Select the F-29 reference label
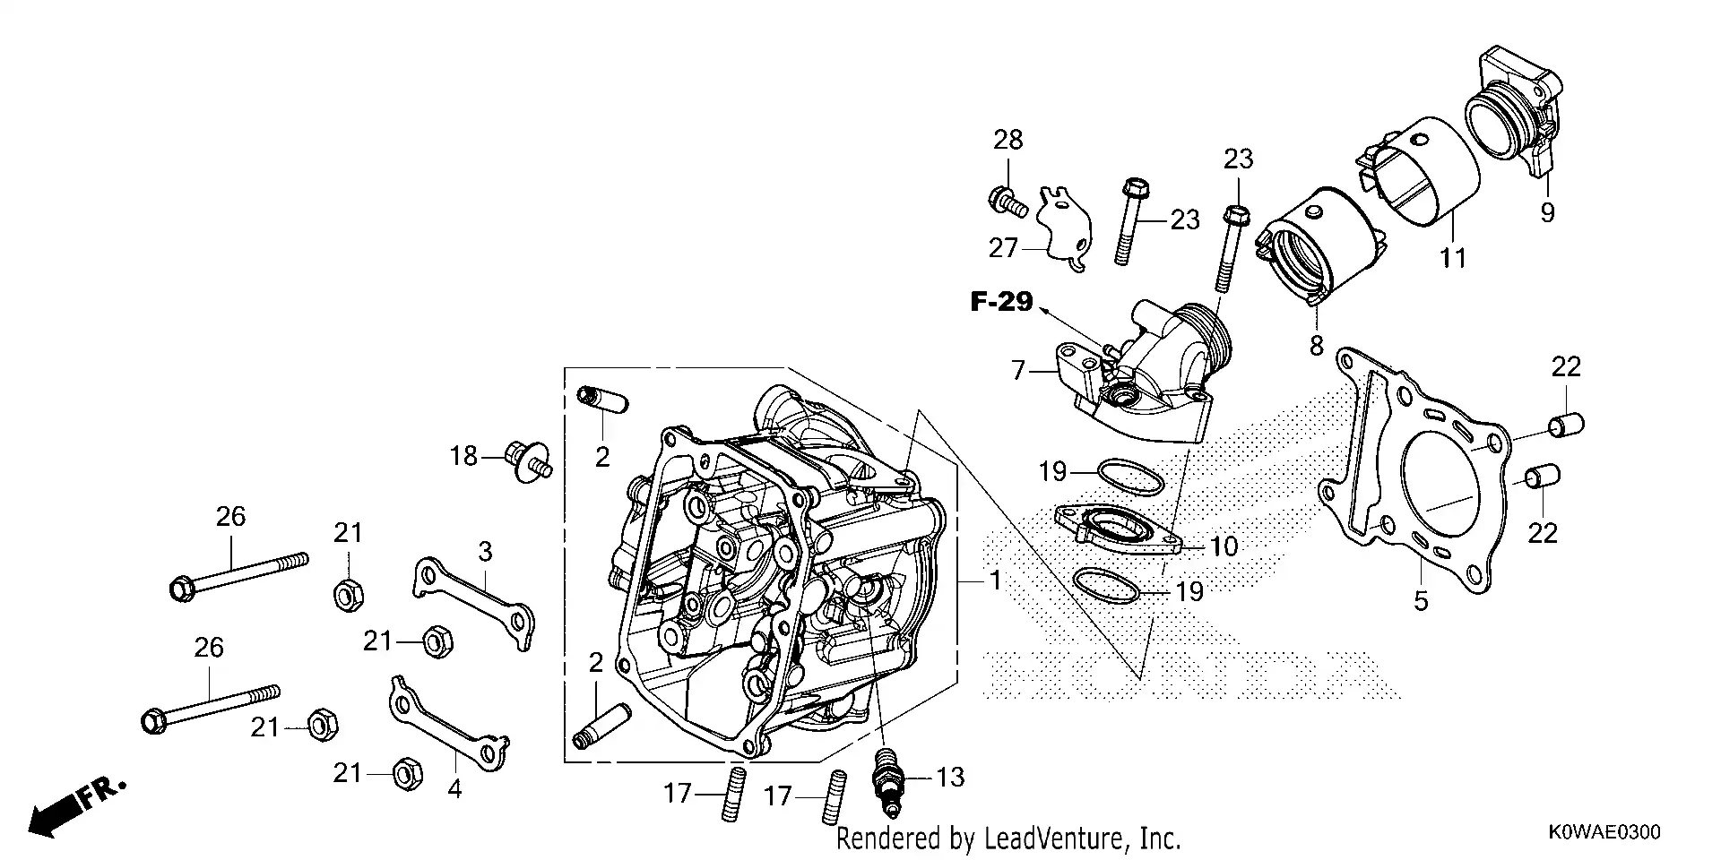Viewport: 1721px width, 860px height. (x=1001, y=302)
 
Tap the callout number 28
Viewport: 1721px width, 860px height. (x=1008, y=140)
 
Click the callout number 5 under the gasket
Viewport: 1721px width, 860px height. (x=1421, y=601)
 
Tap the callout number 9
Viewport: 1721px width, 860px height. (x=1547, y=212)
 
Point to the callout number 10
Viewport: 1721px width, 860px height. (x=1224, y=546)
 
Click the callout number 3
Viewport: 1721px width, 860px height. (x=485, y=552)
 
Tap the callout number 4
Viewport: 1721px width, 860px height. (x=454, y=789)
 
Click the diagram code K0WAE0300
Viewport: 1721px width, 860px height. (x=1604, y=832)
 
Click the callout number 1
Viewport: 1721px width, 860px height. (x=995, y=580)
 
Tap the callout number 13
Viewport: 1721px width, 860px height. (x=950, y=777)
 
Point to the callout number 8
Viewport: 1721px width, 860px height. (x=1316, y=346)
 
